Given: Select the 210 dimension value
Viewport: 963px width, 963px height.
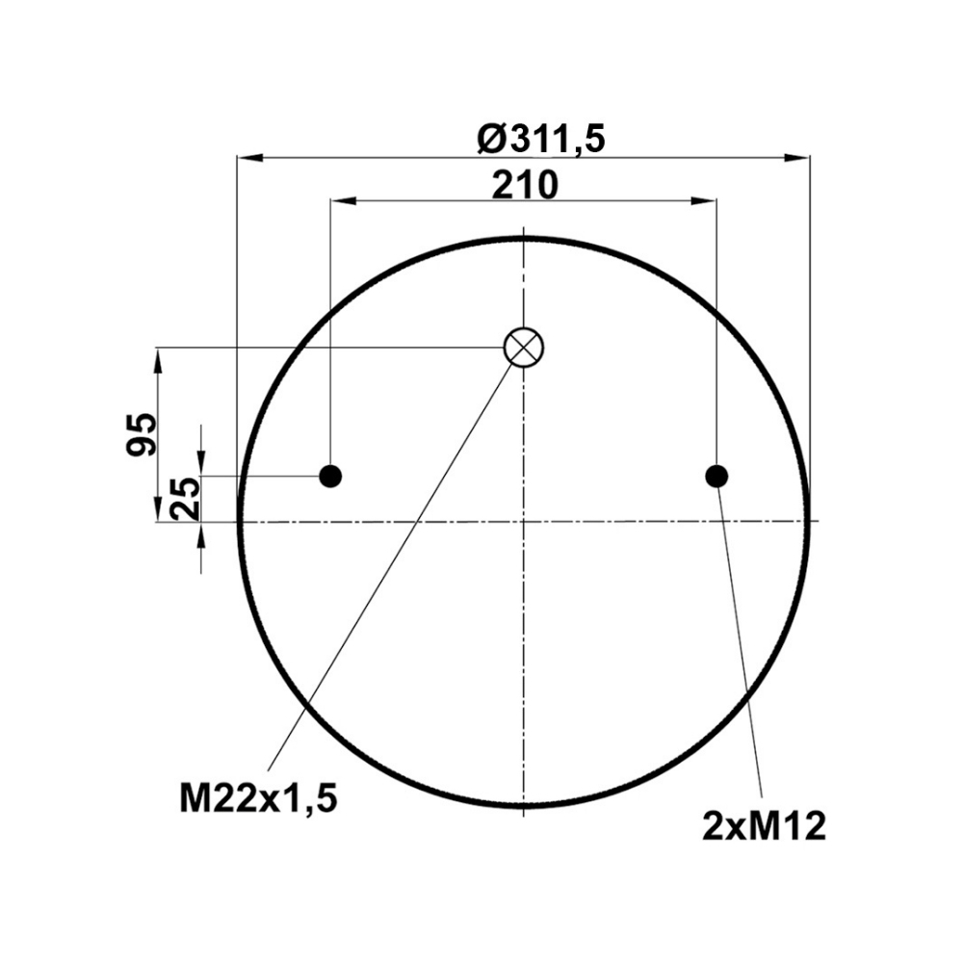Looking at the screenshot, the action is pos(525,185).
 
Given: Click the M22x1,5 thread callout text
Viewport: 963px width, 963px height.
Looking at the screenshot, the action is pos(258,798).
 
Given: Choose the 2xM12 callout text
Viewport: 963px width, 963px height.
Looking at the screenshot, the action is pos(764,826).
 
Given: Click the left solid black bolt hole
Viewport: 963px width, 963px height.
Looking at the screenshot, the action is pos(330,476).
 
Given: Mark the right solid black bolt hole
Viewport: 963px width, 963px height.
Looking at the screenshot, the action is pos(716,476).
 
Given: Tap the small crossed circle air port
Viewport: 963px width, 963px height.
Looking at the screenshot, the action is pos(523,347).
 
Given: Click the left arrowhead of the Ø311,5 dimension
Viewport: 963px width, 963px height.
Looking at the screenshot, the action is pos(250,158).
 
